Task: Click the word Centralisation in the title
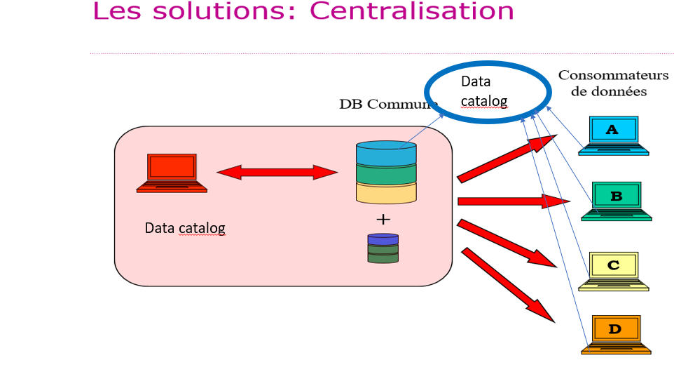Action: [x=412, y=11]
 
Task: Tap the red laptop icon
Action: [x=172, y=172]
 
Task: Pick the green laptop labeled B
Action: [x=617, y=201]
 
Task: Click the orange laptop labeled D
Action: [x=616, y=333]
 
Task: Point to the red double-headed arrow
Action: [x=277, y=172]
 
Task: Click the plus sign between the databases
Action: [x=383, y=219]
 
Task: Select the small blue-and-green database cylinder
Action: [x=383, y=248]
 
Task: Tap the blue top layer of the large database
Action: [x=386, y=154]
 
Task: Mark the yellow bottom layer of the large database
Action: [x=386, y=192]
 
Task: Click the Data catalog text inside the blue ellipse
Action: [x=484, y=91]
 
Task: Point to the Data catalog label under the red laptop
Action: [x=185, y=228]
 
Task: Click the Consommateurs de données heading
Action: [x=614, y=83]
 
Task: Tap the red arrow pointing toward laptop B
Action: [x=511, y=201]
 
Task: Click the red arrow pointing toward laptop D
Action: [x=507, y=284]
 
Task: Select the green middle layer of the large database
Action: [x=386, y=173]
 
